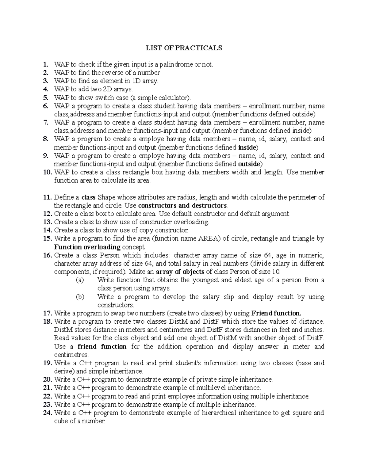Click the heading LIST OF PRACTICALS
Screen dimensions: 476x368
tap(184, 48)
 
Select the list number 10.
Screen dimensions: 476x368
tap(48, 172)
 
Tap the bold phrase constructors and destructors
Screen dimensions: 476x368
tap(183, 205)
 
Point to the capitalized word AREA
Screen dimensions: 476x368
tap(210, 238)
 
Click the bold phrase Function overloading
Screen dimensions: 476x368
tap(87, 247)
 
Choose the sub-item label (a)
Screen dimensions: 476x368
tap(79, 280)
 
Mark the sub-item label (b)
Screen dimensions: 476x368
tap(79, 297)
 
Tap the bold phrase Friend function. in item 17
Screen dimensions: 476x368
tap(276, 313)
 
